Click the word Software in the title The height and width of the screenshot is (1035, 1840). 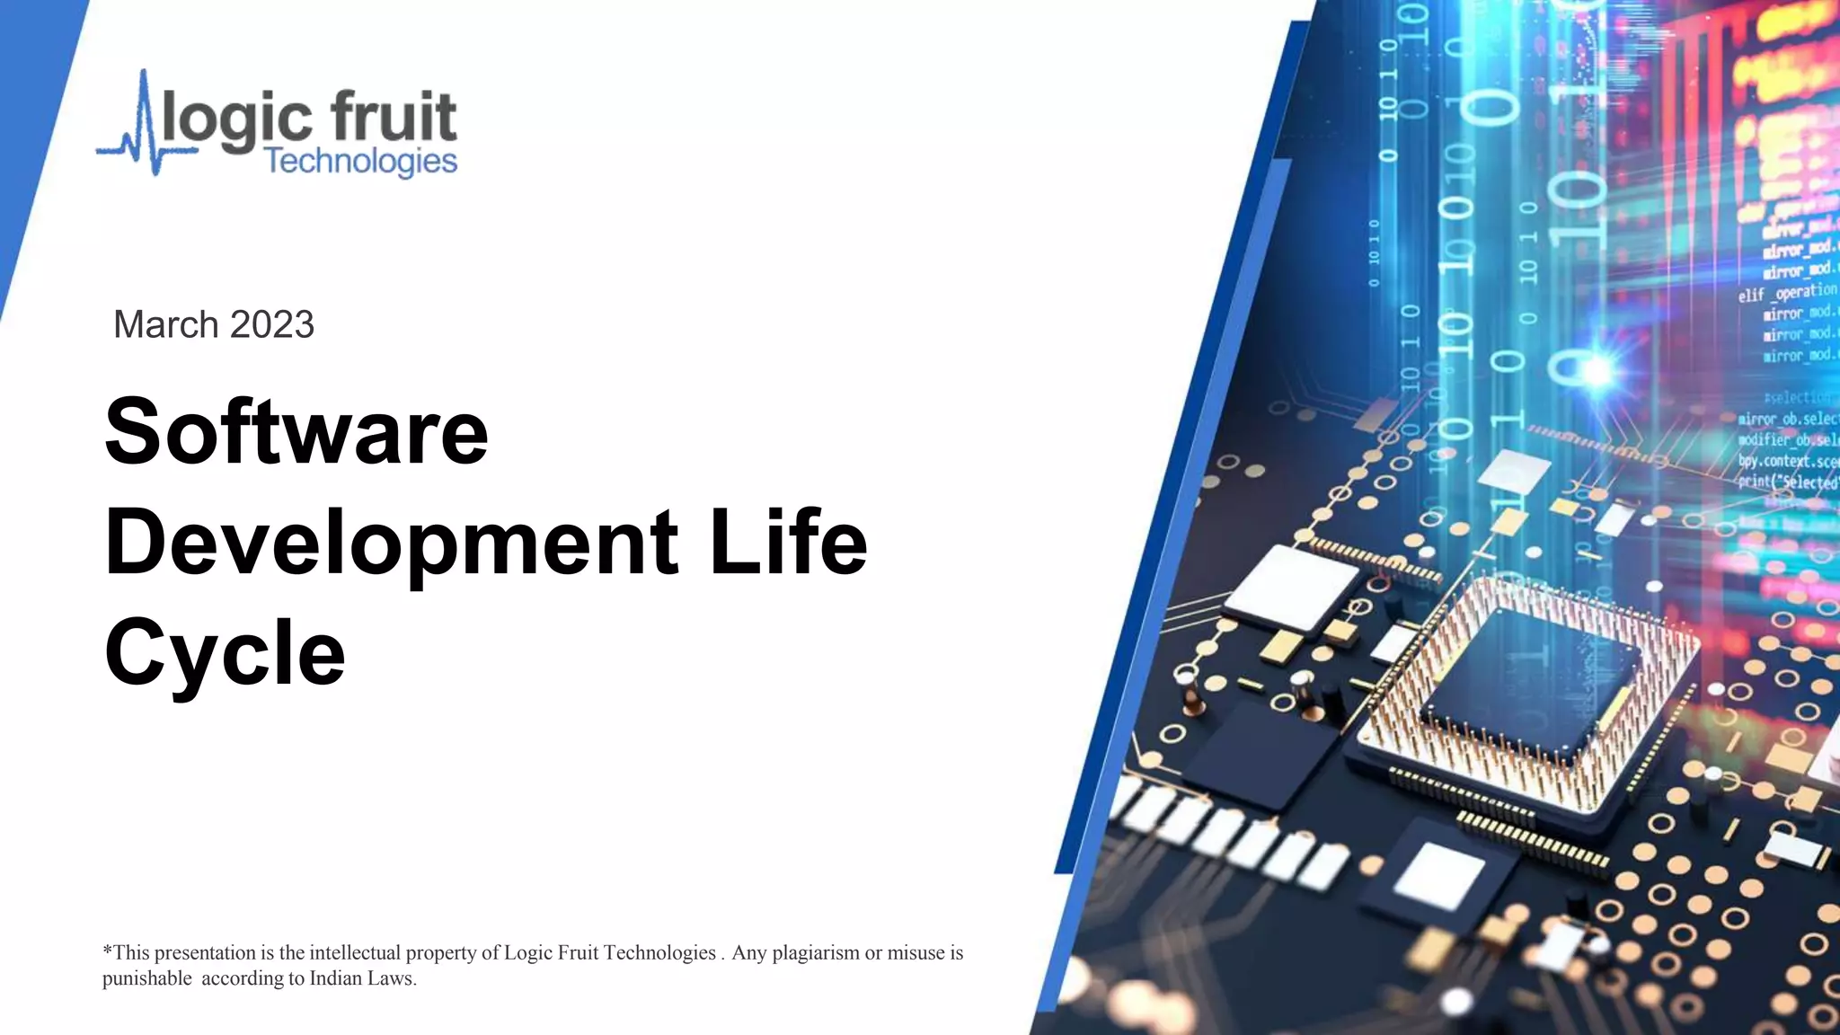296,432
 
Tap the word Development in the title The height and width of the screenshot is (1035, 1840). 391,543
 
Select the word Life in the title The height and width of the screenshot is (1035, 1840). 788,543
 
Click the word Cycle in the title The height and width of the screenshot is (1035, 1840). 225,653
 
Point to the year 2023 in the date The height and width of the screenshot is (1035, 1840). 271,324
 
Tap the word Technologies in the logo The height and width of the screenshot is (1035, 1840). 361,162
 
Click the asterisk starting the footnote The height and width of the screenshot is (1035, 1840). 107,950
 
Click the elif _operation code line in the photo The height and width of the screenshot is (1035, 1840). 1787,293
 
